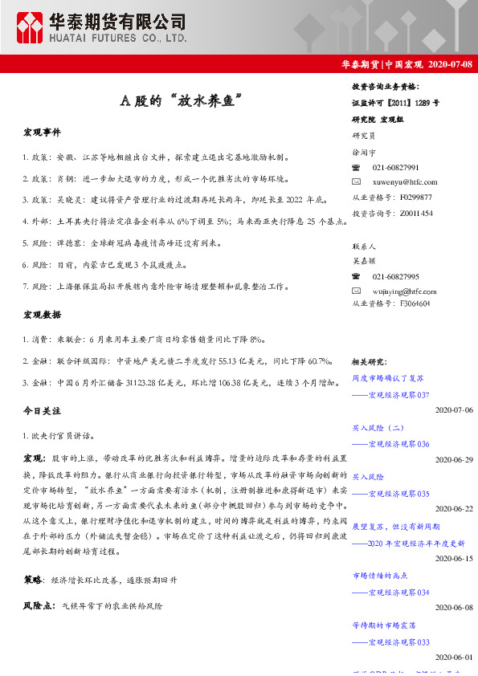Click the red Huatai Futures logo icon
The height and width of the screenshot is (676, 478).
coord(31,28)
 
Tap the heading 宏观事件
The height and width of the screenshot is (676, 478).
coord(42,132)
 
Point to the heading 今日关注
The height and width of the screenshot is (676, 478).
coord(42,410)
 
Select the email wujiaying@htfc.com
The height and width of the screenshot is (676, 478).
coord(405,290)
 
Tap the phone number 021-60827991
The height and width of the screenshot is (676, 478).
coord(396,167)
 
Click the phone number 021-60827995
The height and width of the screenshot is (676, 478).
coord(396,275)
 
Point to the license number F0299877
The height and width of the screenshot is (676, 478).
coord(415,197)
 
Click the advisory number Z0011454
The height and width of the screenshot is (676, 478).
coord(415,213)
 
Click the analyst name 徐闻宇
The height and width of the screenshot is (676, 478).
coord(364,152)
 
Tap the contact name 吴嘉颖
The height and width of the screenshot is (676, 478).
coord(364,261)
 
